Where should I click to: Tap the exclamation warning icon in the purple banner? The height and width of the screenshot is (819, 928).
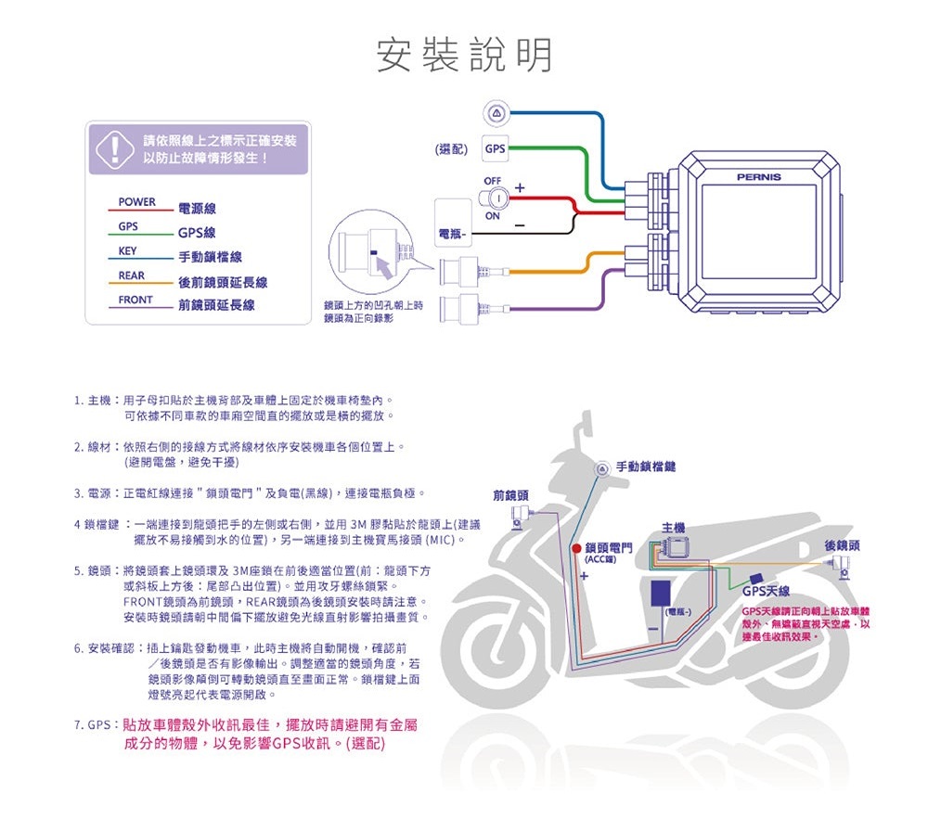pos(114,148)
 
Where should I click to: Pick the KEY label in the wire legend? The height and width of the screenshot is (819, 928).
pos(127,251)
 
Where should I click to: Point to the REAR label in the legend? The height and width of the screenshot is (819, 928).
pos(131,275)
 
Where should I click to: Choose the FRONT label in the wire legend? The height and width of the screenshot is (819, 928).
pos(135,301)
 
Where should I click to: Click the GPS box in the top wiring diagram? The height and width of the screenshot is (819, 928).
pos(495,148)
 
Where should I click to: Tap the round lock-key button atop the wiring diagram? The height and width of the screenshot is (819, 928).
pos(495,113)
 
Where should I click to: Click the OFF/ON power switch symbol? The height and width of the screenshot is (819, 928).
pos(493,197)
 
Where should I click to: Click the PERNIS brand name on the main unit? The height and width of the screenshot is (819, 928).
pos(758,177)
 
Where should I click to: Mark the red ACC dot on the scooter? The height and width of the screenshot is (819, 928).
pos(576,549)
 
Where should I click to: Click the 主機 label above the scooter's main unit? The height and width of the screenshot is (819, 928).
pos(674,528)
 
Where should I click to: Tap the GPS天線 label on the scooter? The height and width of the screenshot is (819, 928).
pos(771,592)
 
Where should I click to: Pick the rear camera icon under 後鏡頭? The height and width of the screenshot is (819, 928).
pos(844,572)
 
